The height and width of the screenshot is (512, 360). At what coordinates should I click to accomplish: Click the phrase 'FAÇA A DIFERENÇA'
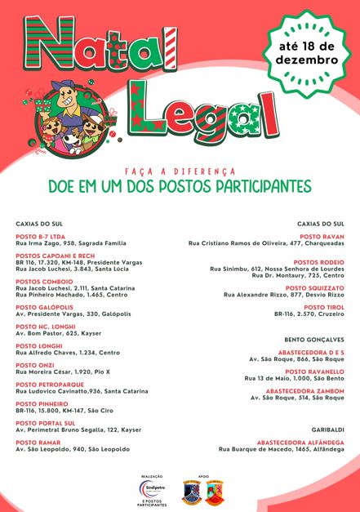[x=180, y=171]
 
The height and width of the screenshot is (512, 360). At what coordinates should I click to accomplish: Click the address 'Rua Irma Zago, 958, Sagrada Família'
[x=71, y=243]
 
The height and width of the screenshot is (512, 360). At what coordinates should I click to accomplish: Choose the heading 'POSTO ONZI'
[x=35, y=365]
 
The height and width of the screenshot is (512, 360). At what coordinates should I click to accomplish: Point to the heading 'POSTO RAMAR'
[x=38, y=442]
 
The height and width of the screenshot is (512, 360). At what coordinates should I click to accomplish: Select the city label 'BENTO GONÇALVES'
[x=314, y=339]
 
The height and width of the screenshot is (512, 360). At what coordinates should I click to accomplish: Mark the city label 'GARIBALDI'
[x=327, y=429]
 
